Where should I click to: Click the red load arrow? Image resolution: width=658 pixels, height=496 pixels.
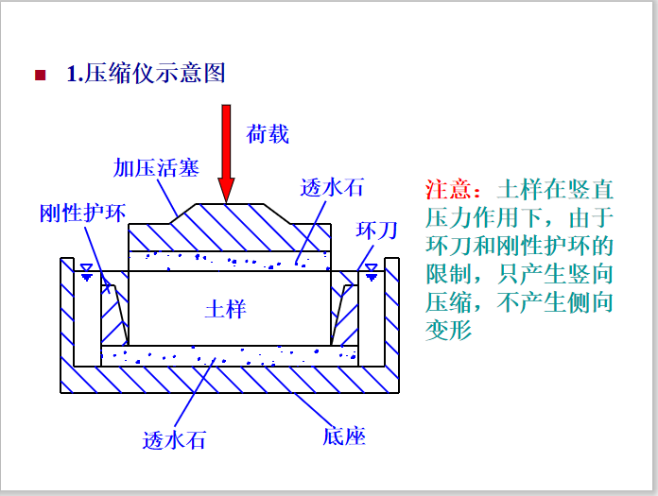pos(226,151)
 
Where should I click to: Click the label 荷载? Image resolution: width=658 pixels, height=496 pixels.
pos(268,134)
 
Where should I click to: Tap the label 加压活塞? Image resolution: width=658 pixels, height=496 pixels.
pos(156,168)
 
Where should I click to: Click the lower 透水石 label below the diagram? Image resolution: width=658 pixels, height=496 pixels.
pos(174,439)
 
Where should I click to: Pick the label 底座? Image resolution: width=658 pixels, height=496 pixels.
pos(343,436)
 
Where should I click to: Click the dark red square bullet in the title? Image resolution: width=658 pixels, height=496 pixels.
pos(40,75)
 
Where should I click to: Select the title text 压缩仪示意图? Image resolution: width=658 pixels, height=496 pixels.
pos(156,74)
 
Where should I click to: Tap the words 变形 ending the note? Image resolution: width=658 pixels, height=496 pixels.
pos(448,330)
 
